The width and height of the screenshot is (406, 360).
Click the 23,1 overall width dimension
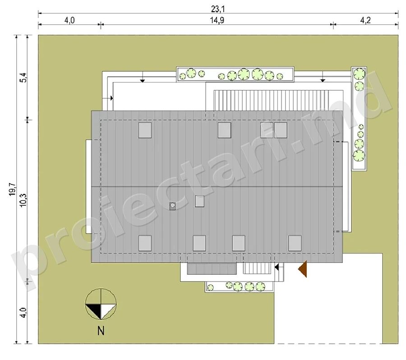click(x=218, y=9)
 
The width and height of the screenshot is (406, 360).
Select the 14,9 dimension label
click(x=217, y=20)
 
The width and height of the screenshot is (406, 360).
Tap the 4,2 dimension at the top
click(x=365, y=20)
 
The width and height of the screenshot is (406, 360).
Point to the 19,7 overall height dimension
click(x=13, y=189)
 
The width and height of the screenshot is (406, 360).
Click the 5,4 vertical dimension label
click(x=23, y=78)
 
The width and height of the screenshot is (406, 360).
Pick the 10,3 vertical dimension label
click(x=23, y=200)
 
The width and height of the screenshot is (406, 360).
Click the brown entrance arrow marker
click(x=303, y=269)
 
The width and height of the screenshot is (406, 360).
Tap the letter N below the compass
click(x=101, y=331)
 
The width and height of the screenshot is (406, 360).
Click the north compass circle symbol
click(x=101, y=304)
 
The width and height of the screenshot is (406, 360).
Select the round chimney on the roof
click(x=172, y=206)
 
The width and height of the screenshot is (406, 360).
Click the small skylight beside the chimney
click(x=199, y=201)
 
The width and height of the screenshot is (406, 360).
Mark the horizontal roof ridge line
click(x=217, y=186)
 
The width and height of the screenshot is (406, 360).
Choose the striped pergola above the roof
click(x=271, y=100)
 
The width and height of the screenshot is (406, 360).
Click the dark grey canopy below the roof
click(x=212, y=268)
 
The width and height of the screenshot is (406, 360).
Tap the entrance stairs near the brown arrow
click(x=257, y=268)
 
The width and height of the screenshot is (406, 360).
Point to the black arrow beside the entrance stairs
click(x=277, y=267)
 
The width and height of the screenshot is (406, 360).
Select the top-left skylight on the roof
click(x=145, y=130)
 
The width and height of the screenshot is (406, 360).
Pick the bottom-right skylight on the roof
click(x=295, y=243)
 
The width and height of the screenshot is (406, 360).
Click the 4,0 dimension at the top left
click(x=69, y=20)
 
